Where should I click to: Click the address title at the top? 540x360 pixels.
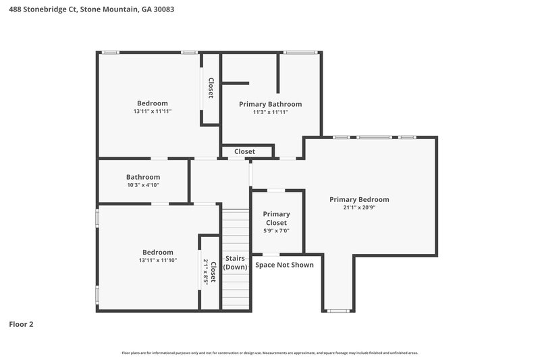(84, 9)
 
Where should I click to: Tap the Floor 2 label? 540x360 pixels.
(20, 324)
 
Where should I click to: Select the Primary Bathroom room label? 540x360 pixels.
(270, 104)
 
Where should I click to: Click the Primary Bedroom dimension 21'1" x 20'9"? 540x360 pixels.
(359, 208)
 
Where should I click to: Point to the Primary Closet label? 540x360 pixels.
(276, 218)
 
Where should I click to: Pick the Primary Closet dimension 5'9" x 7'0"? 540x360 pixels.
(276, 231)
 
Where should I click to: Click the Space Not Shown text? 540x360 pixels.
(284, 265)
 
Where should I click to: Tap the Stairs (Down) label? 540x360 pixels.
(236, 263)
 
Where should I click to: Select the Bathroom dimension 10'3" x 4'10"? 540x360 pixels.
(142, 185)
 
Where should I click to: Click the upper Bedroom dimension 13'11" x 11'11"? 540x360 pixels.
(153, 111)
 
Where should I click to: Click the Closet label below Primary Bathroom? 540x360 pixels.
(244, 152)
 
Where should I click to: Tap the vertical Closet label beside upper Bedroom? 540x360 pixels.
(211, 88)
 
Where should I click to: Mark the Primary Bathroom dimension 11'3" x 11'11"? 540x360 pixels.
(270, 112)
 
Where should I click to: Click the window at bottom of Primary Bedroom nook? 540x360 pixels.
(337, 311)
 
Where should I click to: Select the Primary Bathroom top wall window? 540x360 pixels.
(298, 52)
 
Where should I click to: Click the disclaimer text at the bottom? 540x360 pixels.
(270, 353)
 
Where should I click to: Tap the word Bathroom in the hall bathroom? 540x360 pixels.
(142, 177)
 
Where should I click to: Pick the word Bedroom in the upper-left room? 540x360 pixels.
(153, 103)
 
